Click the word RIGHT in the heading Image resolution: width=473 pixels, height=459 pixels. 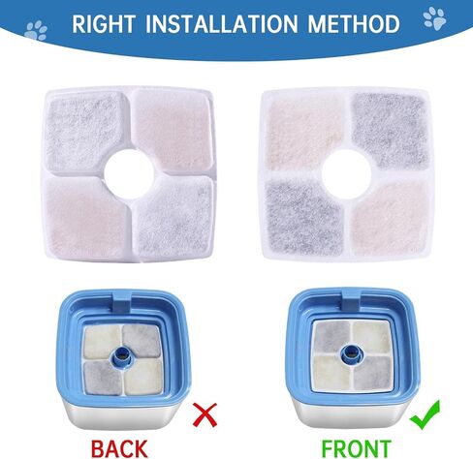[104, 24]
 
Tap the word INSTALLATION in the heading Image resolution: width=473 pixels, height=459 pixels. [221, 24]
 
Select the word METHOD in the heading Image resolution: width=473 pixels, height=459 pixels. [354, 24]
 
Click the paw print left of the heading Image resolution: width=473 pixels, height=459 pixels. [36, 30]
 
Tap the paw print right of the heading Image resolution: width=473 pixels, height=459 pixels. [434, 18]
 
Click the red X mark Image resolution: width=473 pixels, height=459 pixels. [205, 414]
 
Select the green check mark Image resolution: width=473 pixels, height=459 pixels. [426, 414]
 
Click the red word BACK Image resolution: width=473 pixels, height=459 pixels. [119, 448]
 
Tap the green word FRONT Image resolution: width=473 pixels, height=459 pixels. [356, 448]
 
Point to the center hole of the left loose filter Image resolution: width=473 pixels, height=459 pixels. [129, 174]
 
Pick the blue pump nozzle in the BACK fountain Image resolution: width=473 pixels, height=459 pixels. [122, 357]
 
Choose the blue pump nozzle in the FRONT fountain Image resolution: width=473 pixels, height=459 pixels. [352, 354]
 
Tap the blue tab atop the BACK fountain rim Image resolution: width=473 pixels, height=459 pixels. [122, 301]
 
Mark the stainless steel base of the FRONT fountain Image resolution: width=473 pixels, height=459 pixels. [352, 412]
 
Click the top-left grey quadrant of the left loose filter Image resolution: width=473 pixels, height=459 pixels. [84, 132]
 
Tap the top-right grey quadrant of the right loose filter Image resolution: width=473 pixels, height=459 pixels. [391, 130]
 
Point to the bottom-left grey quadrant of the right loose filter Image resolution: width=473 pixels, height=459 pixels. [303, 216]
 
